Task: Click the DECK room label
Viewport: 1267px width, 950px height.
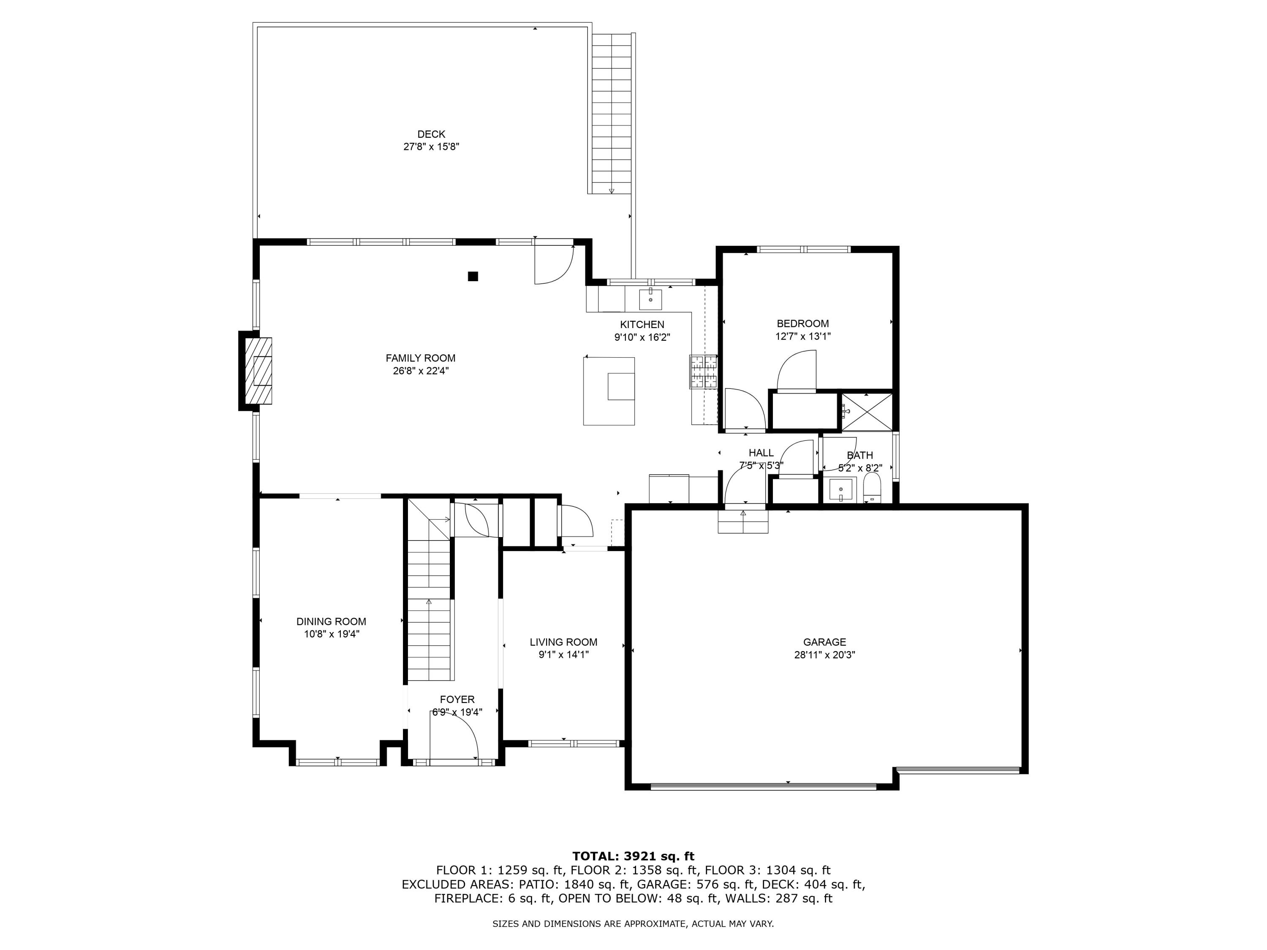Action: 431,134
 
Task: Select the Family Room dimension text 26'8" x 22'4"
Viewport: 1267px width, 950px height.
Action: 420,370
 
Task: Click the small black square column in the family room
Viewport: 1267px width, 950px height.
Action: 473,277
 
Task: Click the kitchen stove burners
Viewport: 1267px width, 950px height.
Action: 703,371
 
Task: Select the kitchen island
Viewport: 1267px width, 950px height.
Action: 609,391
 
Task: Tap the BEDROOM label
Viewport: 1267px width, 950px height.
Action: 802,323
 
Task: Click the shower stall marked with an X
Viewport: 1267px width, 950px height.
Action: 867,411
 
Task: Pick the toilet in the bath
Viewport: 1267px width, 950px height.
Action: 871,487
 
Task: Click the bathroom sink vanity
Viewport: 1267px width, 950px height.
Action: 841,490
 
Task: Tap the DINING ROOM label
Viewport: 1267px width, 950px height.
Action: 331,622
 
